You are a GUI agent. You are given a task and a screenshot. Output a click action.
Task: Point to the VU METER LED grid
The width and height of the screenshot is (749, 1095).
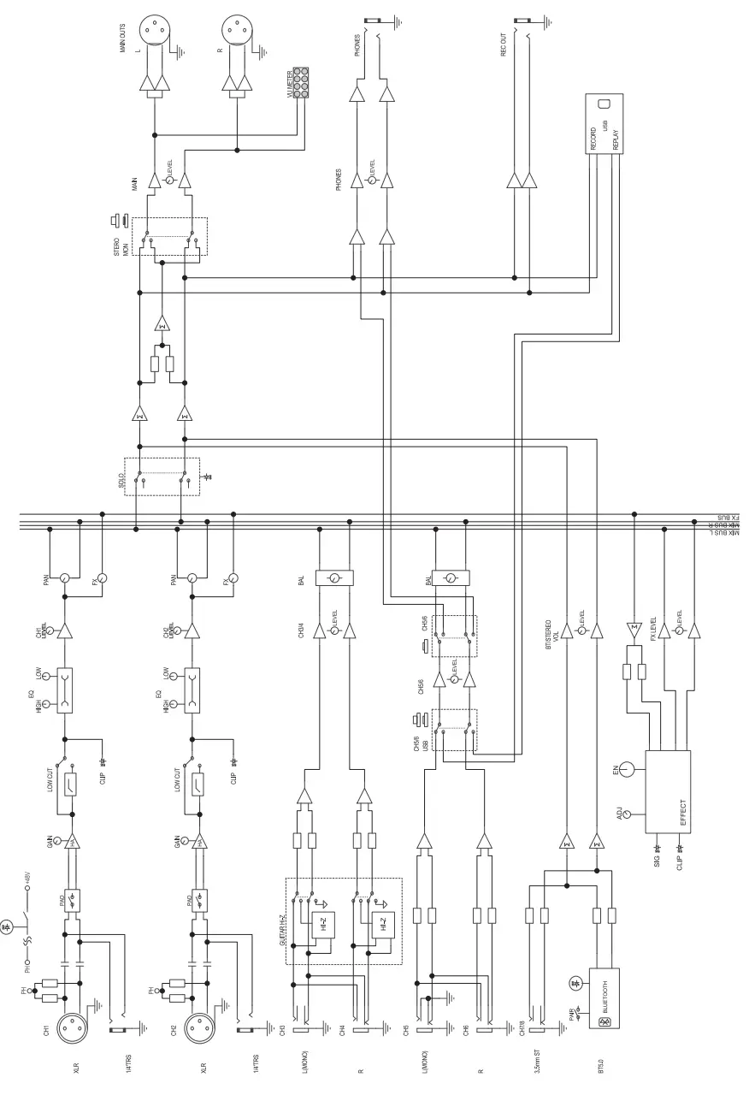(301, 82)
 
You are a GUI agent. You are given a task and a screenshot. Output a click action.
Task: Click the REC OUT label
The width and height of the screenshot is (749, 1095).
(504, 40)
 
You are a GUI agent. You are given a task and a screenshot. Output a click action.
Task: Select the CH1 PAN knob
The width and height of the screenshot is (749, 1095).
(64, 578)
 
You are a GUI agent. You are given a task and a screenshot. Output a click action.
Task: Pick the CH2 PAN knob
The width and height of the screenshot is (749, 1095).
(192, 578)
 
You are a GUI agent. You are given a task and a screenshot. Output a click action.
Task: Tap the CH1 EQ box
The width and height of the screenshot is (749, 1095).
(64, 690)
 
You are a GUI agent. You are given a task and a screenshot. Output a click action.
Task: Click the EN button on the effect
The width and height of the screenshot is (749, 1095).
(629, 769)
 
